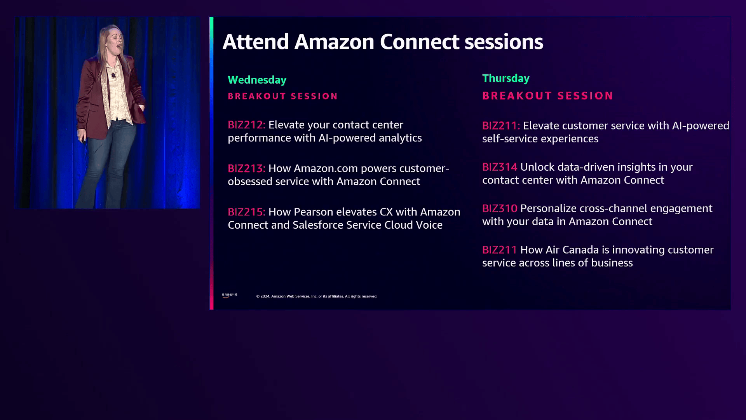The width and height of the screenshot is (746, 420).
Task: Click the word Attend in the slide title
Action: pyautogui.click(x=256, y=42)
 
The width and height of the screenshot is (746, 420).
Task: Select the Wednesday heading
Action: pyautogui.click(x=257, y=80)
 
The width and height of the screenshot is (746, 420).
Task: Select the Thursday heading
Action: pyautogui.click(x=505, y=79)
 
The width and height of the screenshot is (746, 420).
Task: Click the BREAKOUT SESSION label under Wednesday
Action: pyautogui.click(x=282, y=96)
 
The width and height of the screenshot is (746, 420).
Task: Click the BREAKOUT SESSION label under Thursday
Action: pyautogui.click(x=547, y=96)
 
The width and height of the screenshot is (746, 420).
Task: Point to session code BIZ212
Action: pyautogui.click(x=246, y=125)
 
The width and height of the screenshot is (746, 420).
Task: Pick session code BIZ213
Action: pyautogui.click(x=246, y=168)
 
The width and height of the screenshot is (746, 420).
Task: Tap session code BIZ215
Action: pyautogui.click(x=246, y=212)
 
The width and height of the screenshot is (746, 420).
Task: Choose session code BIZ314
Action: pyautogui.click(x=500, y=167)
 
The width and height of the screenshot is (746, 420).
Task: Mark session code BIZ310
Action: pyautogui.click(x=500, y=208)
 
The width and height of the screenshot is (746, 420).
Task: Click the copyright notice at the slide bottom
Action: pyautogui.click(x=317, y=296)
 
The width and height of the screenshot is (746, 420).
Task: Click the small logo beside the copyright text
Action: pyautogui.click(x=229, y=295)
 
